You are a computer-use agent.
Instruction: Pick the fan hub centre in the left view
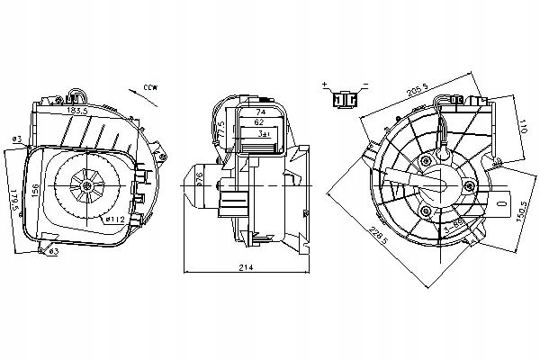pos(86,186)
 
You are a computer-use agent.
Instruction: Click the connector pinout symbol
pos(344,100)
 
